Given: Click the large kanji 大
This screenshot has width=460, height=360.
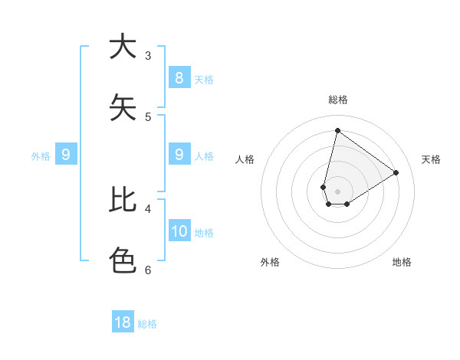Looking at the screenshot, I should (x=122, y=47).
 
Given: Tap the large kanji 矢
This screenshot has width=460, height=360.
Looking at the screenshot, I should (x=122, y=107).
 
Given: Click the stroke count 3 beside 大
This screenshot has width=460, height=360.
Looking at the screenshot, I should (x=148, y=56).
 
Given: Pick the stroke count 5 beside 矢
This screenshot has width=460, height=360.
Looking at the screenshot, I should (x=148, y=116).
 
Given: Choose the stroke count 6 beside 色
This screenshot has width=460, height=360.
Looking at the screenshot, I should (x=148, y=270).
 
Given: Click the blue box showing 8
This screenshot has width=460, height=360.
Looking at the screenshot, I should (x=179, y=77).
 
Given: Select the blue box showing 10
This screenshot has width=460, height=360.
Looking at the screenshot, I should (x=179, y=231).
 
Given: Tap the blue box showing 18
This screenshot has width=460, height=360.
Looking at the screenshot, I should (x=123, y=322).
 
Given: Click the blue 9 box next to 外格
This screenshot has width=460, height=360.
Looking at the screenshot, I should (x=66, y=155).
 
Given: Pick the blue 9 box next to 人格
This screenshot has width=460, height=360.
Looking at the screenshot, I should (x=179, y=155).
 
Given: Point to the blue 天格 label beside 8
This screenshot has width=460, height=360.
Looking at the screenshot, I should (x=204, y=79).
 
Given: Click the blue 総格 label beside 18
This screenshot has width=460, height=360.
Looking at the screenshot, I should (x=147, y=324).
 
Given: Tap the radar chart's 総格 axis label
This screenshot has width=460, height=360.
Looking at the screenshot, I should (x=337, y=100).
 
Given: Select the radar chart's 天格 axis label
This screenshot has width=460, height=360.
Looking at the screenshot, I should (x=431, y=159).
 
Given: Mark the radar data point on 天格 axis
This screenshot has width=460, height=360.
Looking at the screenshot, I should (x=396, y=172).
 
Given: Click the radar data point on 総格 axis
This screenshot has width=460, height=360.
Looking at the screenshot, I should (x=337, y=130).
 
